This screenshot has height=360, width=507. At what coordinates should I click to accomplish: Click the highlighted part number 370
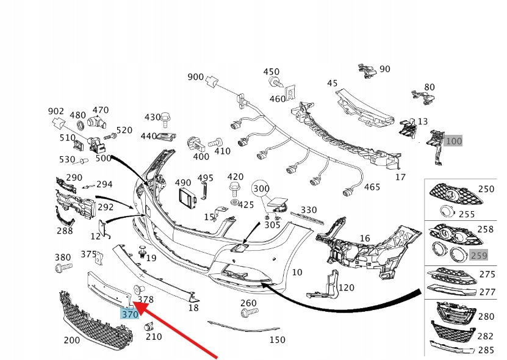point(129,315)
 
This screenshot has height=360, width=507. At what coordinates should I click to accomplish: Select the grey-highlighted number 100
point(453,141)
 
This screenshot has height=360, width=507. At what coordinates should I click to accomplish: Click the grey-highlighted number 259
point(479,257)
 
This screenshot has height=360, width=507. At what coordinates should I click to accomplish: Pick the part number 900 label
point(195,77)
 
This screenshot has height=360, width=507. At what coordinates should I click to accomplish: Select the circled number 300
point(261,189)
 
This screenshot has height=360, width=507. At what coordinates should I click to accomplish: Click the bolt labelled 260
point(248,314)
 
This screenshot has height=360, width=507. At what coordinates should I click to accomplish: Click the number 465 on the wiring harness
point(372,187)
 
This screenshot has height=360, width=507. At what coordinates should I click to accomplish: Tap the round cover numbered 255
point(447,212)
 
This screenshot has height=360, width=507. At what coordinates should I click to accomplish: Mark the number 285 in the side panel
point(486,350)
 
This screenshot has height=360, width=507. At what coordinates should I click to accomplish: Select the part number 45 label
point(332,83)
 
